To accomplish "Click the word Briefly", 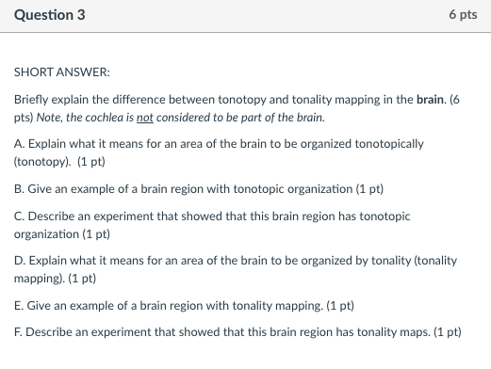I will tap(32, 100).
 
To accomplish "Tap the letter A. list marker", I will tap(20, 143).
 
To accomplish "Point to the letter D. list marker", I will tap(20, 261).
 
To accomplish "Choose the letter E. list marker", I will tap(20, 305).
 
